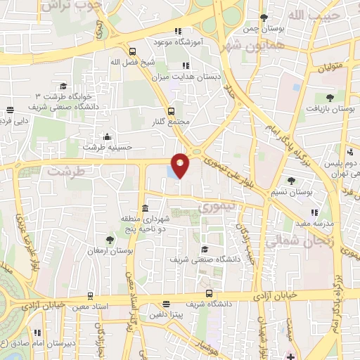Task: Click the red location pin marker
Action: (x=181, y=165)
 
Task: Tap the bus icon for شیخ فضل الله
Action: (x=132, y=51)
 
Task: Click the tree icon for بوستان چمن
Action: (x=264, y=18)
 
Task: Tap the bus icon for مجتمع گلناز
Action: (x=171, y=110)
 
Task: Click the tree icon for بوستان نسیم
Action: (x=291, y=181)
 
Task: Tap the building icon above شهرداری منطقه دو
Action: (x=145, y=208)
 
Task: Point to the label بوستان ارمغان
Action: (x=106, y=251)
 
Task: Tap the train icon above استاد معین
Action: (x=89, y=296)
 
